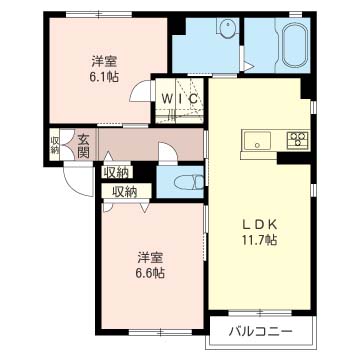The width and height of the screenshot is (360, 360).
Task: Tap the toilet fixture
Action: pos(189,183)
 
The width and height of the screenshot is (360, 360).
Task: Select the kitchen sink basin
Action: pos(257,141)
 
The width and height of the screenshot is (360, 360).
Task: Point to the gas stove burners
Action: pos(297,140)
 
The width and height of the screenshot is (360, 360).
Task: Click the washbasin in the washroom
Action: pos(227,26)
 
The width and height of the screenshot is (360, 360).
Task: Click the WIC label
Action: pos(180,99)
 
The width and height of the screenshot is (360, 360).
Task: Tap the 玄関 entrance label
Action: pos(83,146)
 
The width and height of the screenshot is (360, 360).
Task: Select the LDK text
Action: pos(259,225)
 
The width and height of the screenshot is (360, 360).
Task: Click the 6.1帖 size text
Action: pos(104,77)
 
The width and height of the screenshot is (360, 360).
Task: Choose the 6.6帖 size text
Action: pos(150,273)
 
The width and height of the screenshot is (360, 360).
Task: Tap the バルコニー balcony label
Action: pos(261,331)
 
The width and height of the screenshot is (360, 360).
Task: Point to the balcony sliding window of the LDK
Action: pos(260,313)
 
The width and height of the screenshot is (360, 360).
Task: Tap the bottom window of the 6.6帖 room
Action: pos(160,332)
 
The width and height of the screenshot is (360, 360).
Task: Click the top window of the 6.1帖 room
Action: pos(99,14)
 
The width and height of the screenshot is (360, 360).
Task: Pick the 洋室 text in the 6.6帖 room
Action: pos(150,258)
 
